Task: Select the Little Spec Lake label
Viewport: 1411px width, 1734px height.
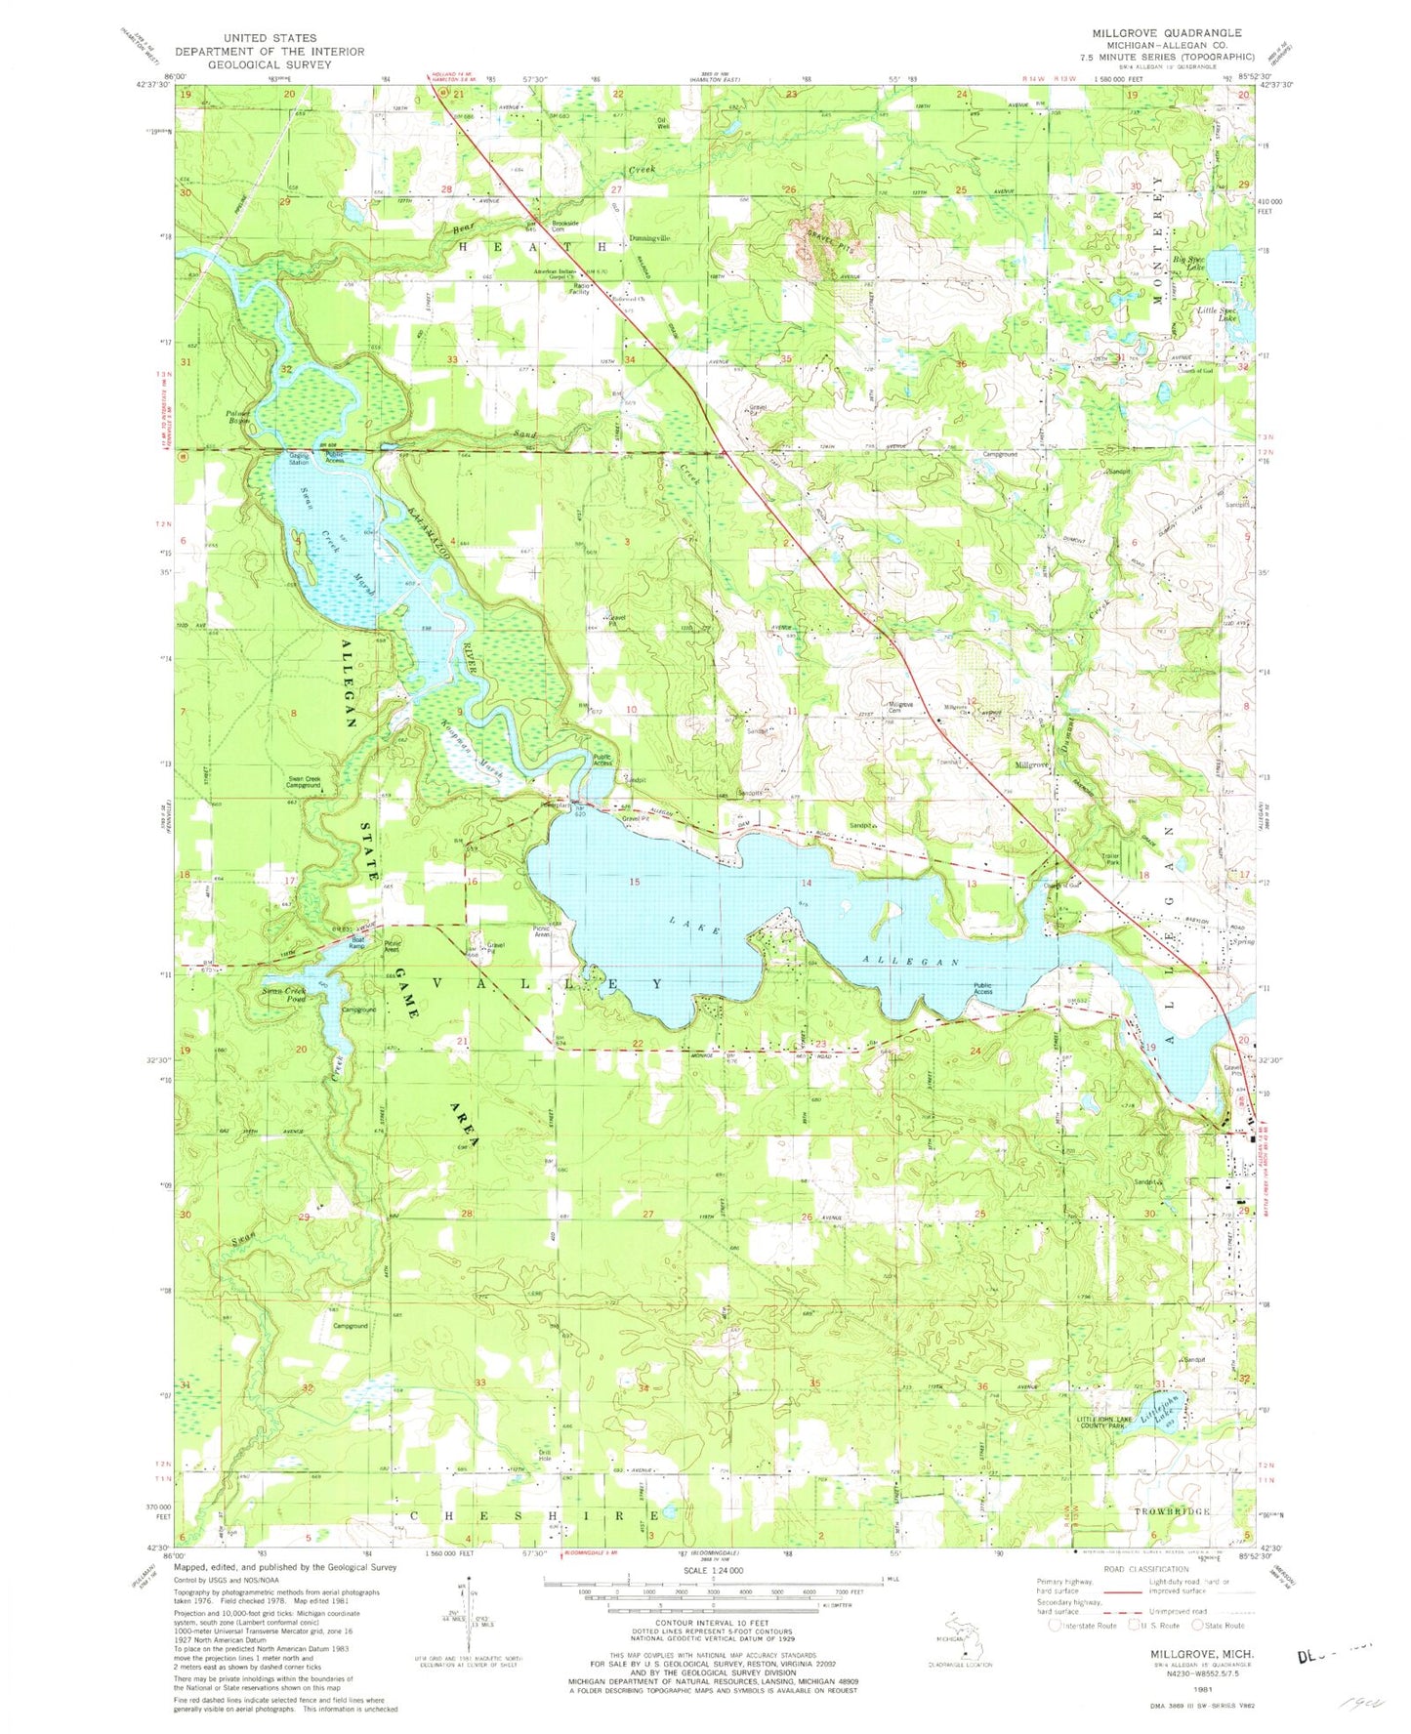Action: (1219, 313)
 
